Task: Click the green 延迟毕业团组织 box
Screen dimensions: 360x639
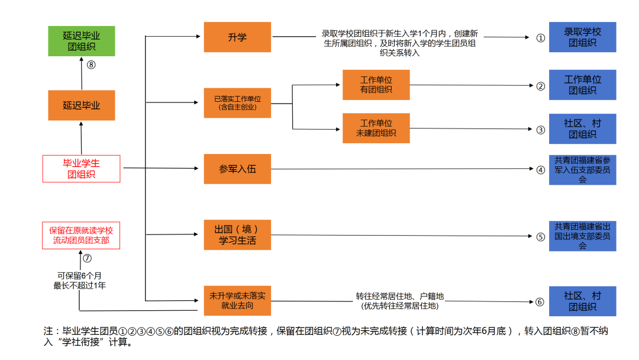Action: point(82,41)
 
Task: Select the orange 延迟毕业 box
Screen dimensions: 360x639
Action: point(82,105)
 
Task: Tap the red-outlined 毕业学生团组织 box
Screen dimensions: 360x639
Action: point(82,168)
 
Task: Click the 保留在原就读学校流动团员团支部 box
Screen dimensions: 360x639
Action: point(82,236)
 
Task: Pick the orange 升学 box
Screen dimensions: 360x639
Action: point(237,37)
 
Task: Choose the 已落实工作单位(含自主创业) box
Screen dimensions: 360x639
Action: point(237,102)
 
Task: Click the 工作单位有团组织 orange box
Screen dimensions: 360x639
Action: point(376,85)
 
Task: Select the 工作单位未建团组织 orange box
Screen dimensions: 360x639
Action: point(376,128)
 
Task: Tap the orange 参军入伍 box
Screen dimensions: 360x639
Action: point(237,169)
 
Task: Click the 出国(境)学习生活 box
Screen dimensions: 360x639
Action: point(237,234)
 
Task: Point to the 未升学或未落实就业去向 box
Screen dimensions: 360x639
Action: point(237,300)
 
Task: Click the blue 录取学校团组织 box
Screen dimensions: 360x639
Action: point(582,37)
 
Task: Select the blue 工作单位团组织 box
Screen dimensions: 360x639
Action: point(582,85)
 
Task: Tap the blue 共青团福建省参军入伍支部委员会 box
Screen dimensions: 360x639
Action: point(582,169)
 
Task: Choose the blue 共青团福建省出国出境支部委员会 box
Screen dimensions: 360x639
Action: point(582,236)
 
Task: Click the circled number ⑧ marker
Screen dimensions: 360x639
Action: point(91,65)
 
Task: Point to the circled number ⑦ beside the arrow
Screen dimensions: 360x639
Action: point(87,258)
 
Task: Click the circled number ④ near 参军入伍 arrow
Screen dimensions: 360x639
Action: point(540,169)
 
